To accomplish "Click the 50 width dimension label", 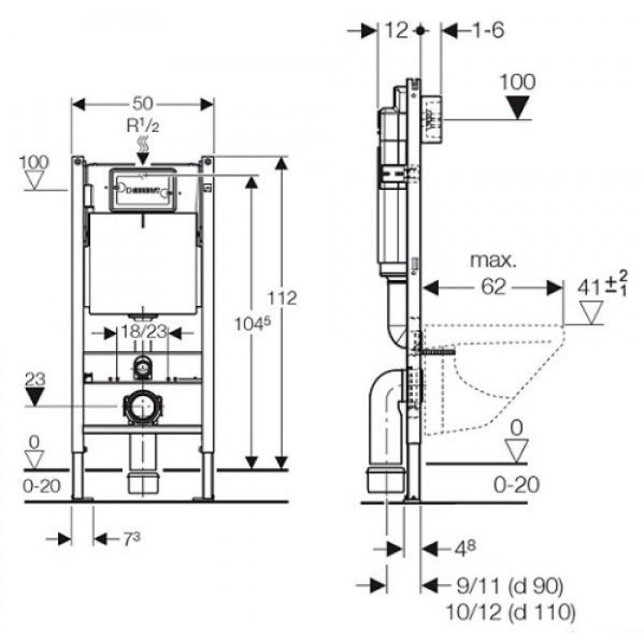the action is pos(142,104).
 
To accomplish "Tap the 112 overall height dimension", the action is pos(282,298).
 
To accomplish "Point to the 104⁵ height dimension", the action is pos(252,324).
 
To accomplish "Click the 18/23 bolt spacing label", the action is pos(144,332).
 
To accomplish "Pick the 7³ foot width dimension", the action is pos(131,539).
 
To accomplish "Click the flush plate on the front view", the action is pos(142,190).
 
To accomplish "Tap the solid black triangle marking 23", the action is pos(35,397).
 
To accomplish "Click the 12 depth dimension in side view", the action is pos(396,30).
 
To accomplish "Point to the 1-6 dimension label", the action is pos(488,30).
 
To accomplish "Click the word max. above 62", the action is pos(493,260).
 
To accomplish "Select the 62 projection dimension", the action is pos(493,287).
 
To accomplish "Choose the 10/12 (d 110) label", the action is pos(511,613).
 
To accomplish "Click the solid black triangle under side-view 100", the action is pos(518,107).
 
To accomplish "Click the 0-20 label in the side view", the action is pos(516,485).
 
